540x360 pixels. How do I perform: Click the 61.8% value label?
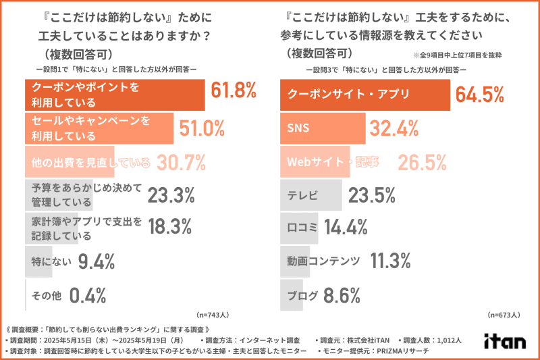(x=234, y=91)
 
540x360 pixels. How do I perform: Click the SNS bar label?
(x=298, y=127)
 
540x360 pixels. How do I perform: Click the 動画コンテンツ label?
(x=323, y=261)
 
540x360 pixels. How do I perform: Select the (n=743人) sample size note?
(x=213, y=315)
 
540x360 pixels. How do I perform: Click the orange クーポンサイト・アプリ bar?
(x=365, y=94)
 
